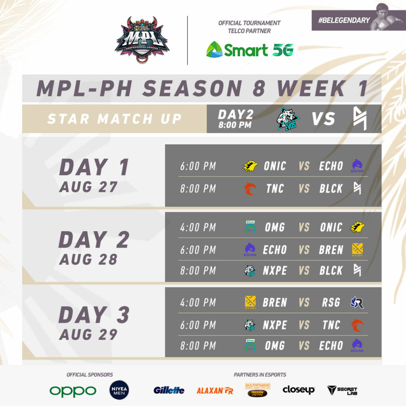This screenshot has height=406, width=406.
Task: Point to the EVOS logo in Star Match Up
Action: [288, 119]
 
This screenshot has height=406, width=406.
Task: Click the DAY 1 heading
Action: [94, 167]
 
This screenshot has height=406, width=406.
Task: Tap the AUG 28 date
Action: [88, 259]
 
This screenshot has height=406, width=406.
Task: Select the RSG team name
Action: [331, 303]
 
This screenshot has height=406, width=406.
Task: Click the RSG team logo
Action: [357, 303]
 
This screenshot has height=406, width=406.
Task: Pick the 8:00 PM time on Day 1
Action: [198, 189]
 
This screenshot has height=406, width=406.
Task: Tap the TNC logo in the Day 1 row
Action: [250, 188]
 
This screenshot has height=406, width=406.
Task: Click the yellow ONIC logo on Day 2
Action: [357, 227]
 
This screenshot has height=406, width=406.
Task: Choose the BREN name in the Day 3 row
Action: [274, 303]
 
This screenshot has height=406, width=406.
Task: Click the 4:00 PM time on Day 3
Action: [198, 303]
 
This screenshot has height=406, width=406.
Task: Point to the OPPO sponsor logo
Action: [73, 391]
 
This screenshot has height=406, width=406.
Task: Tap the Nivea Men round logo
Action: [119, 390]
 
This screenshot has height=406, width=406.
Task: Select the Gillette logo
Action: [169, 391]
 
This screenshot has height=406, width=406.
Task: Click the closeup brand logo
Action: [299, 390]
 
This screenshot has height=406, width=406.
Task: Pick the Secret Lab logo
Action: [342, 391]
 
